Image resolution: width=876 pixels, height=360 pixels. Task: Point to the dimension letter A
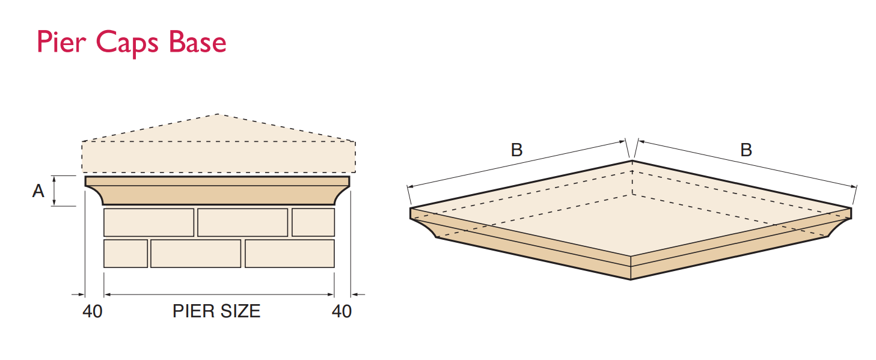pos(38,191)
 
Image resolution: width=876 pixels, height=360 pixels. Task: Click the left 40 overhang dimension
pos(92,311)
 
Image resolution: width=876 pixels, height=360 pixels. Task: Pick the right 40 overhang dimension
pos(342,311)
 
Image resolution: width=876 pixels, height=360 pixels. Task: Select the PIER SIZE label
pos(216,311)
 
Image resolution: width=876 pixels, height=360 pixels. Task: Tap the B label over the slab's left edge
pos(516,150)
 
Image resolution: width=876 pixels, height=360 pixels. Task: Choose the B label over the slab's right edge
pos(746,150)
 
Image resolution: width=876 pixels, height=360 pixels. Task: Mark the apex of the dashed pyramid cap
pos(218,114)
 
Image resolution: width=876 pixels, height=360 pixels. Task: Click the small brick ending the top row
pos(313,222)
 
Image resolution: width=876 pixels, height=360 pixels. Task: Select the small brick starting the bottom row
pos(126,253)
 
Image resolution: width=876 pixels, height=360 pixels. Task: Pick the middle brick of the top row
pos(243,222)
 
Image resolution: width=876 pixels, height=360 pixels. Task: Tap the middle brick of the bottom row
pos(195,253)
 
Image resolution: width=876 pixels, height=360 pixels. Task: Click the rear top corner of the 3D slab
pos(631,160)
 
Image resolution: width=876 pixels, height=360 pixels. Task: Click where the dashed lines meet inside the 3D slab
pos(632,194)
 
